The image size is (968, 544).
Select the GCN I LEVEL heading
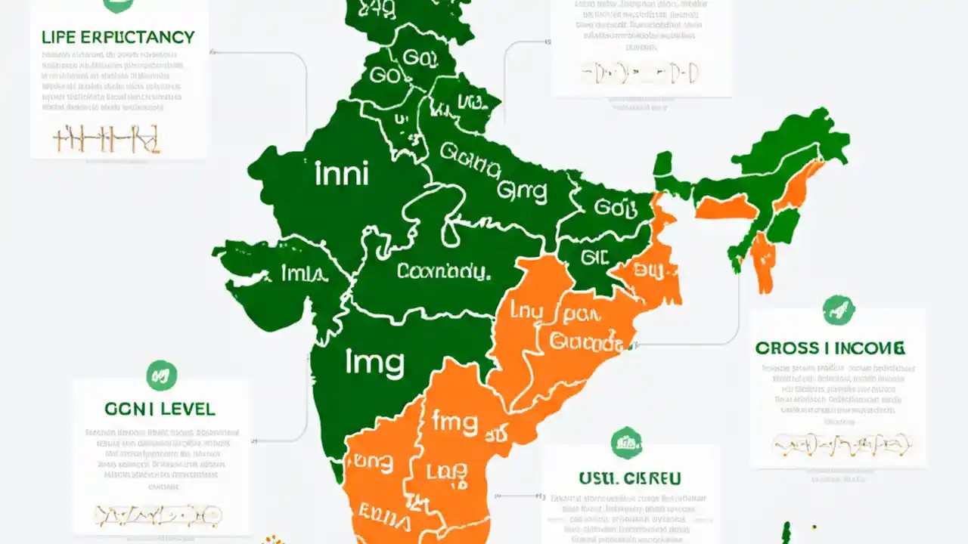point(160,409)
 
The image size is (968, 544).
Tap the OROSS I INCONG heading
point(829,348)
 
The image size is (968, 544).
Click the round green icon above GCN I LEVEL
point(161,376)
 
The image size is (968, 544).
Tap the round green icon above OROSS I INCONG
point(838,311)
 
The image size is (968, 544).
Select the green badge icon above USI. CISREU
point(626,443)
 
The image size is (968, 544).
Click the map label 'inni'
point(341,174)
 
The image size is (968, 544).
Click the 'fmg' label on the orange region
point(456,421)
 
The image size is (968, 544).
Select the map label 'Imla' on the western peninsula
point(303,274)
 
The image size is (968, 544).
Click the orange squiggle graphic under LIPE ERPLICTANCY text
point(107,138)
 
